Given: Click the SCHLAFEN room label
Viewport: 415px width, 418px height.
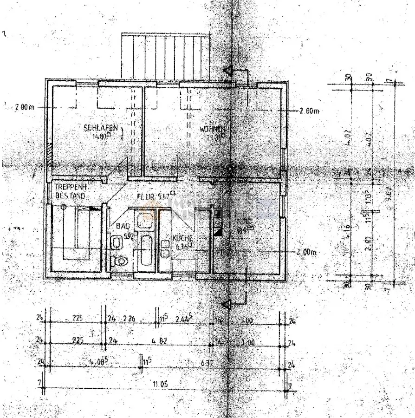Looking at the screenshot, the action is click(97, 128).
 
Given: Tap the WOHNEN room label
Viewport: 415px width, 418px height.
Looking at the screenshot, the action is click(212, 129).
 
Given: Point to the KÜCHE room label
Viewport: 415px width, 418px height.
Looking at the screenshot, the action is click(182, 238).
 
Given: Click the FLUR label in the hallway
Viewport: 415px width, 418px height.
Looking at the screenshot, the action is click(146, 196).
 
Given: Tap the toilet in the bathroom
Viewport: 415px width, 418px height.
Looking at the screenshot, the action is click(120, 262).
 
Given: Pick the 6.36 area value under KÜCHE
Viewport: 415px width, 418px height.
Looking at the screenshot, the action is click(182, 248).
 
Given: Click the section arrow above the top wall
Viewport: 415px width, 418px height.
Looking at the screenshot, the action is click(228, 71).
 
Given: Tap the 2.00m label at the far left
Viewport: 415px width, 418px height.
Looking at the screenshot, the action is click(25, 107).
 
